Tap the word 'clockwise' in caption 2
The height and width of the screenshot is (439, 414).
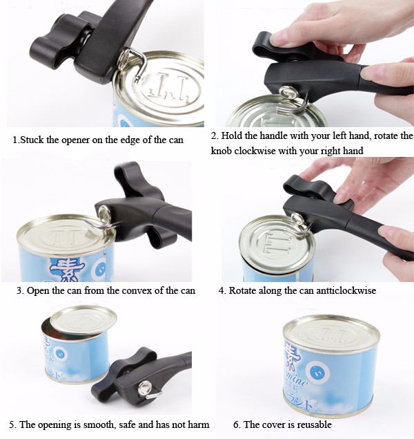(255, 151)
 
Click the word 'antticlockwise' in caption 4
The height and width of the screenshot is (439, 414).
(342, 290)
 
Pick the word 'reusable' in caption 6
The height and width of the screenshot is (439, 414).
(314, 424)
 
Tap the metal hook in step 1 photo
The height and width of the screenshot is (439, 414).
(140, 64)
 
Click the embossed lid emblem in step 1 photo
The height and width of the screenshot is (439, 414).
(168, 86)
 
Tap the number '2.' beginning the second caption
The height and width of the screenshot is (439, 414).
(215, 136)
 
